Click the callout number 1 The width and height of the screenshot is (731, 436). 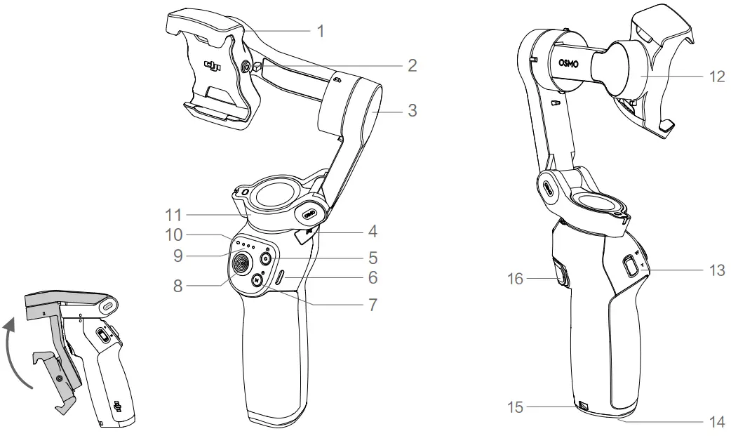coord(320,31)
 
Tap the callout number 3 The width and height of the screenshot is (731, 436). coord(413,110)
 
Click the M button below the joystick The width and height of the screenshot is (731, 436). coord(258,279)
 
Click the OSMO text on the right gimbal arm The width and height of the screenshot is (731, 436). coord(570,63)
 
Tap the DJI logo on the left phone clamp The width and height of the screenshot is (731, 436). coord(213,67)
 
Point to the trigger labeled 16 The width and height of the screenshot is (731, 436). coord(560,274)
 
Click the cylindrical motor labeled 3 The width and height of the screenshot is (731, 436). coord(351,112)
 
